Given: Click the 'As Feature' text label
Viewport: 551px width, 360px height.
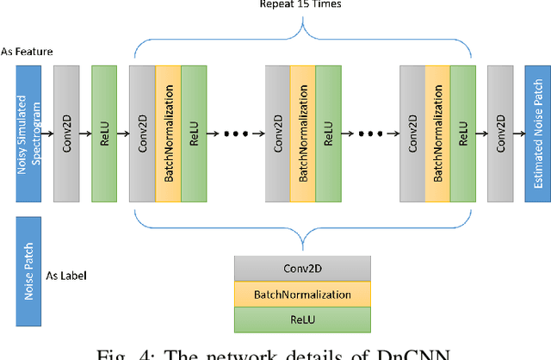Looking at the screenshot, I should [27, 52].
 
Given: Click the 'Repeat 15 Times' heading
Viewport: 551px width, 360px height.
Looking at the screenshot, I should [301, 4].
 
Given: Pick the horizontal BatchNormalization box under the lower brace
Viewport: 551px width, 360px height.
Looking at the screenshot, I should [302, 295].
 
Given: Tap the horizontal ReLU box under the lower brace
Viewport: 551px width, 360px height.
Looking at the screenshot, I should [302, 320].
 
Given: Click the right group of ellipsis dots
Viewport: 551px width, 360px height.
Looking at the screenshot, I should [371, 134].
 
